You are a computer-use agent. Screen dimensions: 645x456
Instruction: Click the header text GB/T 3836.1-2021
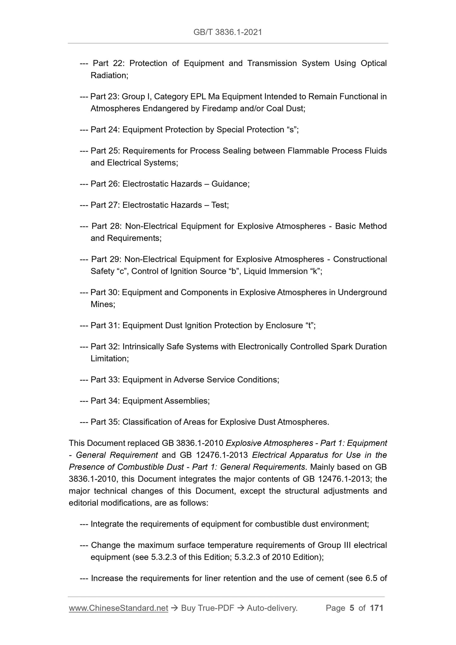pyautogui.click(x=228, y=32)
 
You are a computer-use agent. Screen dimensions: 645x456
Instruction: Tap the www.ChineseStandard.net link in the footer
pyautogui.click(x=118, y=608)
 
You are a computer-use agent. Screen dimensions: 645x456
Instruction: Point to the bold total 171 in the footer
pyautogui.click(x=376, y=608)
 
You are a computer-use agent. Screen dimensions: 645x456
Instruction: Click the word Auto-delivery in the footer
pyautogui.click(x=272, y=608)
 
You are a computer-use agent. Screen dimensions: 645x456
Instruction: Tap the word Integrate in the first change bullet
pyautogui.click(x=107, y=524)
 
